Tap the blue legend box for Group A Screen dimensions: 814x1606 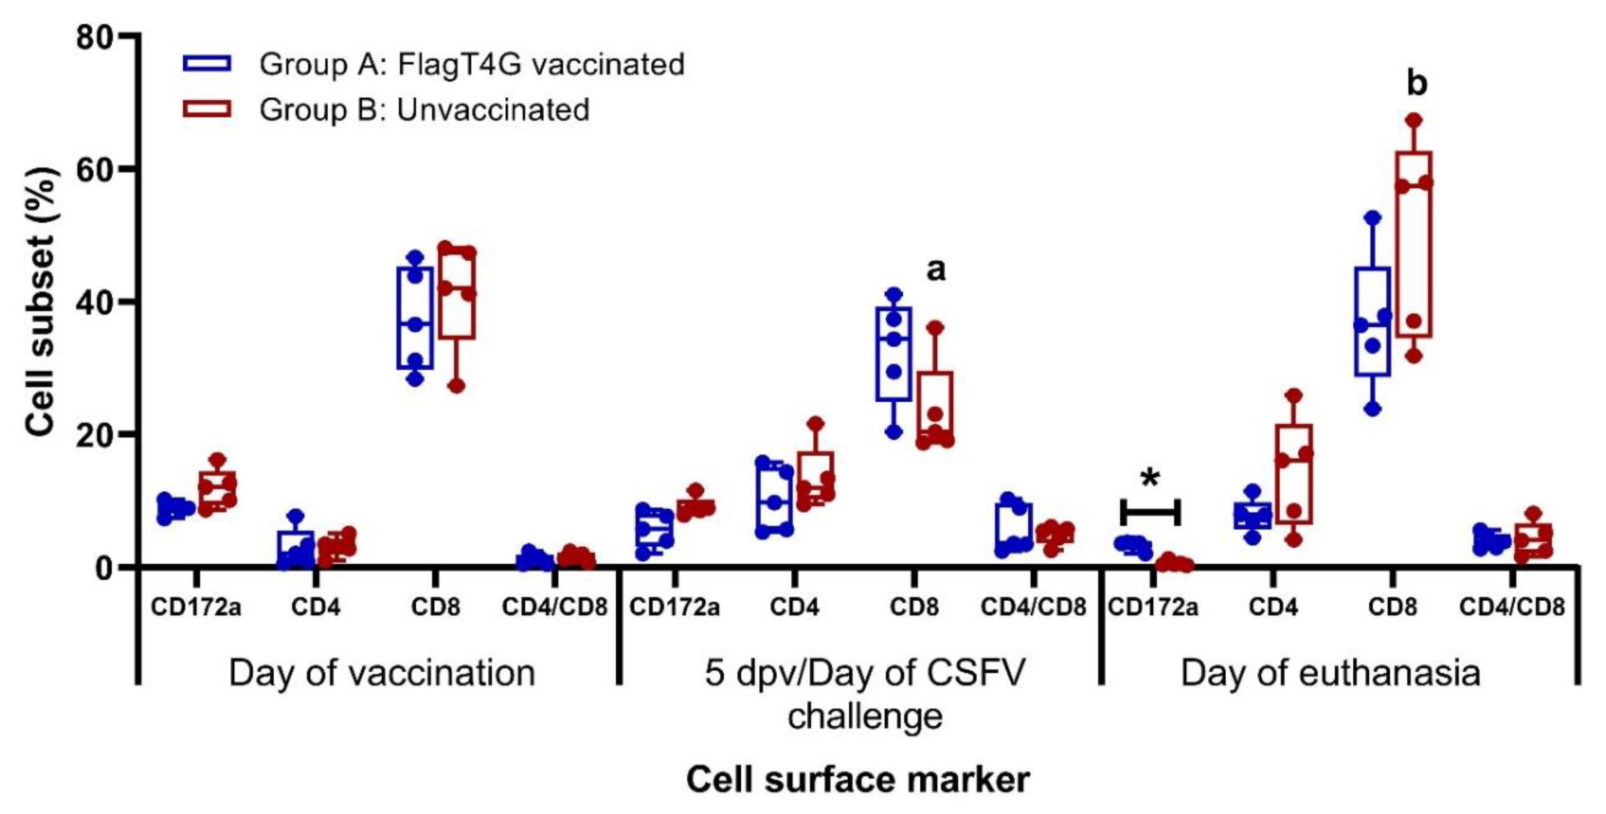pyautogui.click(x=206, y=63)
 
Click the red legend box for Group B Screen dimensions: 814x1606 pyautogui.click(x=206, y=109)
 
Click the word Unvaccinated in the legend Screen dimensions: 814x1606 pyautogui.click(x=493, y=110)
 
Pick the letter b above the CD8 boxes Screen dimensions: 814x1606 pyautogui.click(x=1417, y=83)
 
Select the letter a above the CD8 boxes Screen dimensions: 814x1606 pyautogui.click(x=935, y=270)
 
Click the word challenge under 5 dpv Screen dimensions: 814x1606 pyautogui.click(x=865, y=716)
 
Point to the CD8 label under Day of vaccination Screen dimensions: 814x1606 pyautogui.click(x=435, y=606)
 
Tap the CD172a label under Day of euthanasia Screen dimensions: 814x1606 pyautogui.click(x=1153, y=606)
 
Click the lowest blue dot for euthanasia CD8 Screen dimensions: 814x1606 pyautogui.click(x=1372, y=409)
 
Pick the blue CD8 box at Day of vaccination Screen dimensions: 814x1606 pyautogui.click(x=415, y=318)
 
